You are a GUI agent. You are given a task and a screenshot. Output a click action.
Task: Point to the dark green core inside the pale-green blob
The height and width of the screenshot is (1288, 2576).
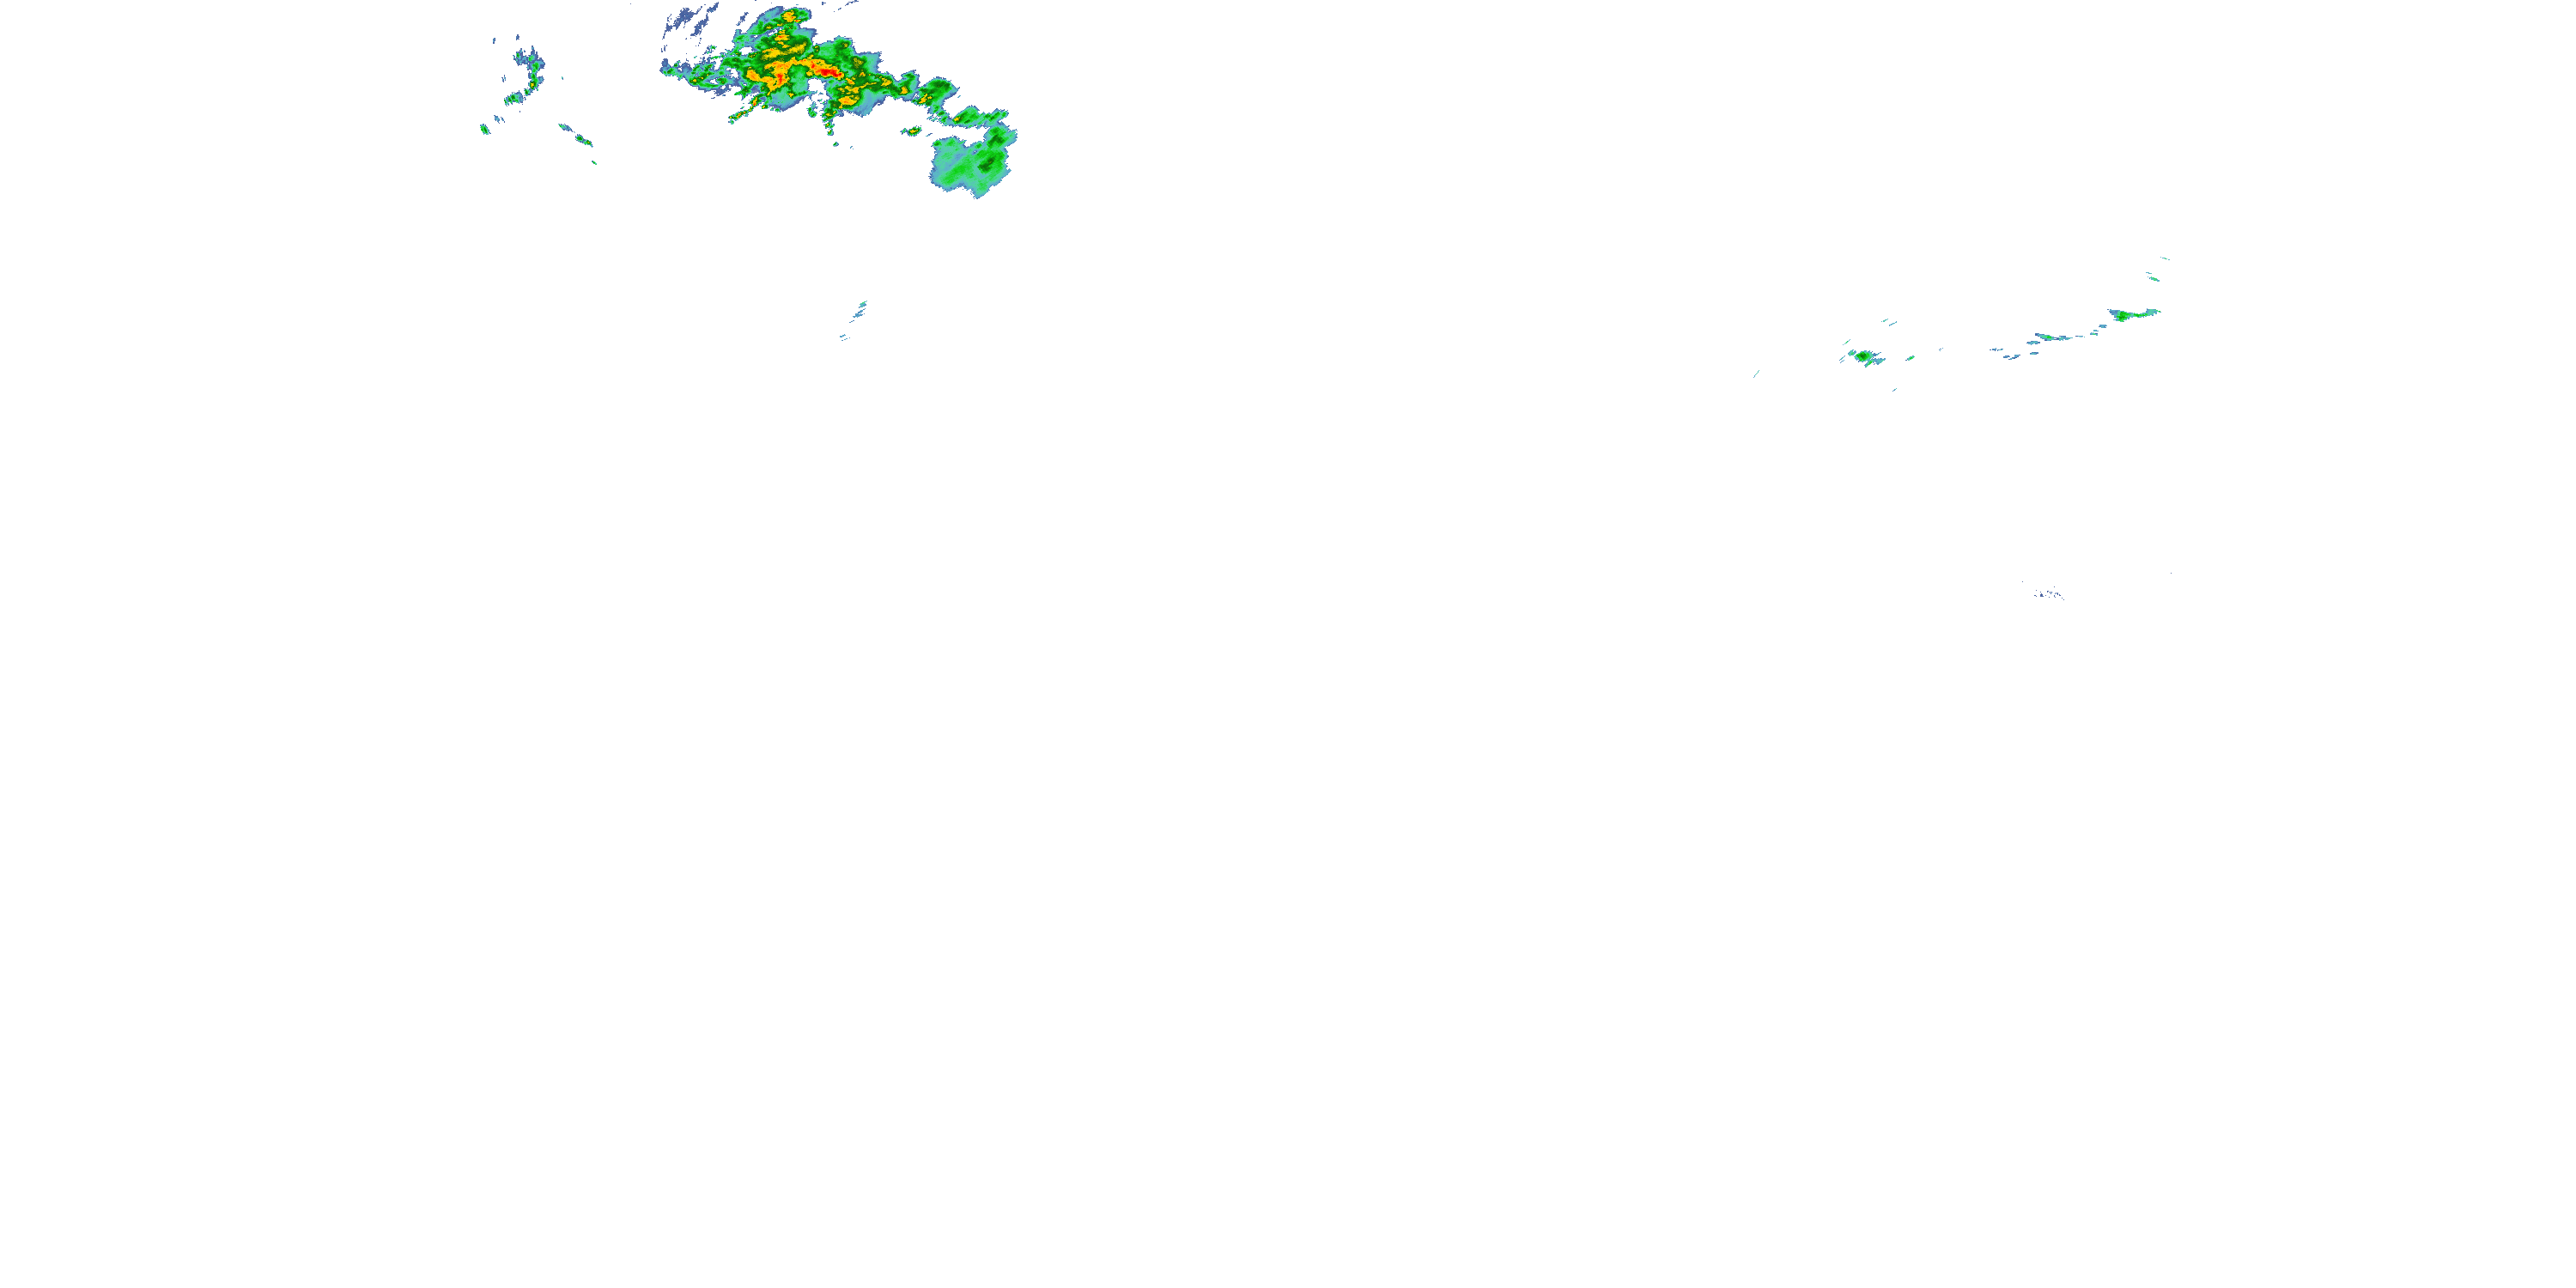click(x=990, y=160)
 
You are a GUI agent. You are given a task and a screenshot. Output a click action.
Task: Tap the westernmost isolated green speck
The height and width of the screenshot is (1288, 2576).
click(x=485, y=129)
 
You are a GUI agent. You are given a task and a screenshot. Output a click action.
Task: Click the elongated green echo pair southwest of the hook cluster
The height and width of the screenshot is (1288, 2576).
click(x=575, y=134)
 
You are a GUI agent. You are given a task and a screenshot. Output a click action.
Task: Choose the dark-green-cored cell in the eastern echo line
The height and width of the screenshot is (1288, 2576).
click(x=1865, y=356)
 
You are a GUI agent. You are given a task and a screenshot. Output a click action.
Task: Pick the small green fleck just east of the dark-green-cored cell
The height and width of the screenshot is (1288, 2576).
click(x=1909, y=358)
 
